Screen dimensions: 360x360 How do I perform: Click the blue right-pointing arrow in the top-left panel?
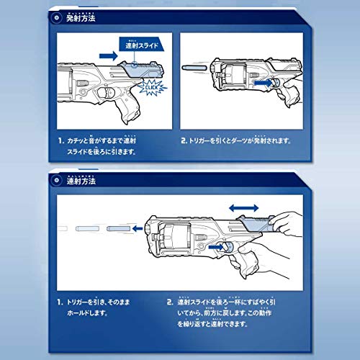(107, 54)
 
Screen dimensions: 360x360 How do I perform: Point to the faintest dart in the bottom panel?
(61, 229)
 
